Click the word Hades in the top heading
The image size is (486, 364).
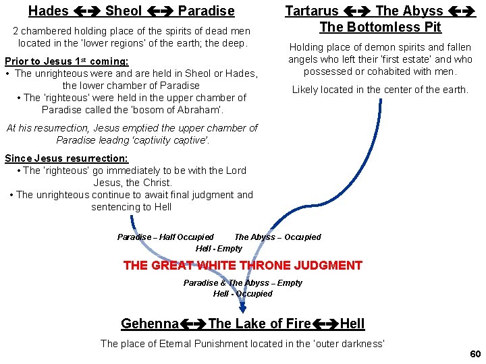pos(48,11)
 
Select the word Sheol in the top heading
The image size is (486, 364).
pos(124,11)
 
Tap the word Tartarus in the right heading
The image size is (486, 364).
pos(312,11)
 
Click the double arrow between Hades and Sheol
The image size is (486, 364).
pos(86,11)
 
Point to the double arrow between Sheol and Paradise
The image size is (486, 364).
pos(160,11)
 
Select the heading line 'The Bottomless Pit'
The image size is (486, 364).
pos(380,27)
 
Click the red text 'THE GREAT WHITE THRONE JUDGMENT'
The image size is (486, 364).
pos(243,266)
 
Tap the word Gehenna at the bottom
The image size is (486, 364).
pos(150,324)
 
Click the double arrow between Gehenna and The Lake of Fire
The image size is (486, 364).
pos(193,324)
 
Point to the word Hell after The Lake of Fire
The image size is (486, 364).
pos(352,324)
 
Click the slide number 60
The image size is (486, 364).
pos(475,354)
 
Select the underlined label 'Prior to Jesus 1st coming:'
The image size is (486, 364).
pos(67,61)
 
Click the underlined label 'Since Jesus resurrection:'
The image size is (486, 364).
pos(66,158)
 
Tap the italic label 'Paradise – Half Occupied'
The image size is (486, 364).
pos(165,237)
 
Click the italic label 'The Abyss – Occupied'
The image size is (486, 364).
pos(277,237)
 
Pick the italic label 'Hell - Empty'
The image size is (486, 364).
pos(219,248)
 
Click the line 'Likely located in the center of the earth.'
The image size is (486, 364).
pos(380,90)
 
